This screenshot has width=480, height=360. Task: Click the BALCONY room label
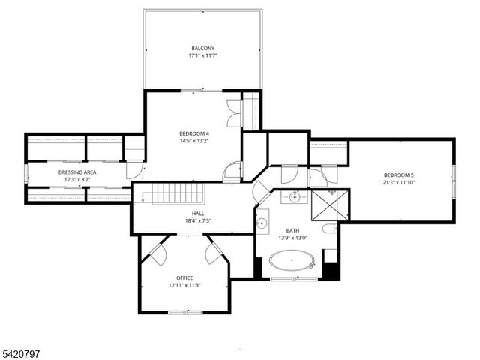[202, 48]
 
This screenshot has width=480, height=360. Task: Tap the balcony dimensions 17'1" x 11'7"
[202, 56]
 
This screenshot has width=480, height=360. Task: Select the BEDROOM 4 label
[193, 133]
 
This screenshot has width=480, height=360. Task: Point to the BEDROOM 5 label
[400, 176]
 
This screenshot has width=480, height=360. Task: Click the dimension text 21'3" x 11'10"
[400, 184]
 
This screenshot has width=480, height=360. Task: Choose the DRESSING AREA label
[77, 172]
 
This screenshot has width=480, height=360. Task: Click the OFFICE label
[184, 277]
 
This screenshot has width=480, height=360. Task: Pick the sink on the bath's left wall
[262, 223]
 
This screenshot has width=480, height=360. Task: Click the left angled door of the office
[156, 251]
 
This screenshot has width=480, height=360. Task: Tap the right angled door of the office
[217, 251]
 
